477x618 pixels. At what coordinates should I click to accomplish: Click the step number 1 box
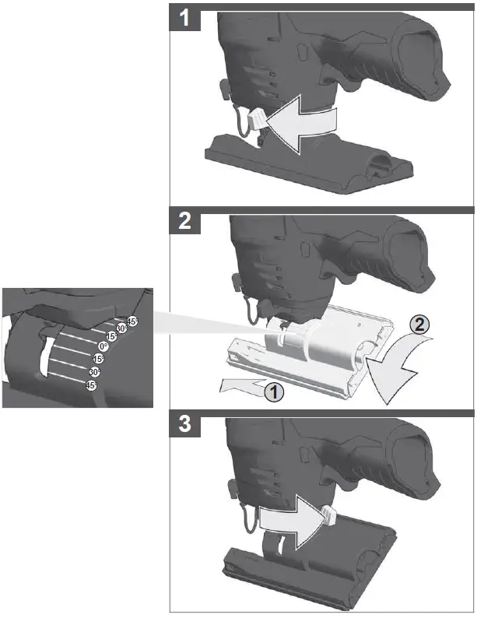tap(184, 16)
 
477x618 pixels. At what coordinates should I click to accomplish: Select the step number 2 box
tap(184, 222)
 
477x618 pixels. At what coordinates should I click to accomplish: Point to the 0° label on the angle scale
tap(103, 346)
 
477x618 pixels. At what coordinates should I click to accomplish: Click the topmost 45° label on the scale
tap(132, 321)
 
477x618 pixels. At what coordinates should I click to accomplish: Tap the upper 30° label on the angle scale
tap(121, 329)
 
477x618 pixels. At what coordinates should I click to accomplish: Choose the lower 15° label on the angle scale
tap(98, 359)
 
